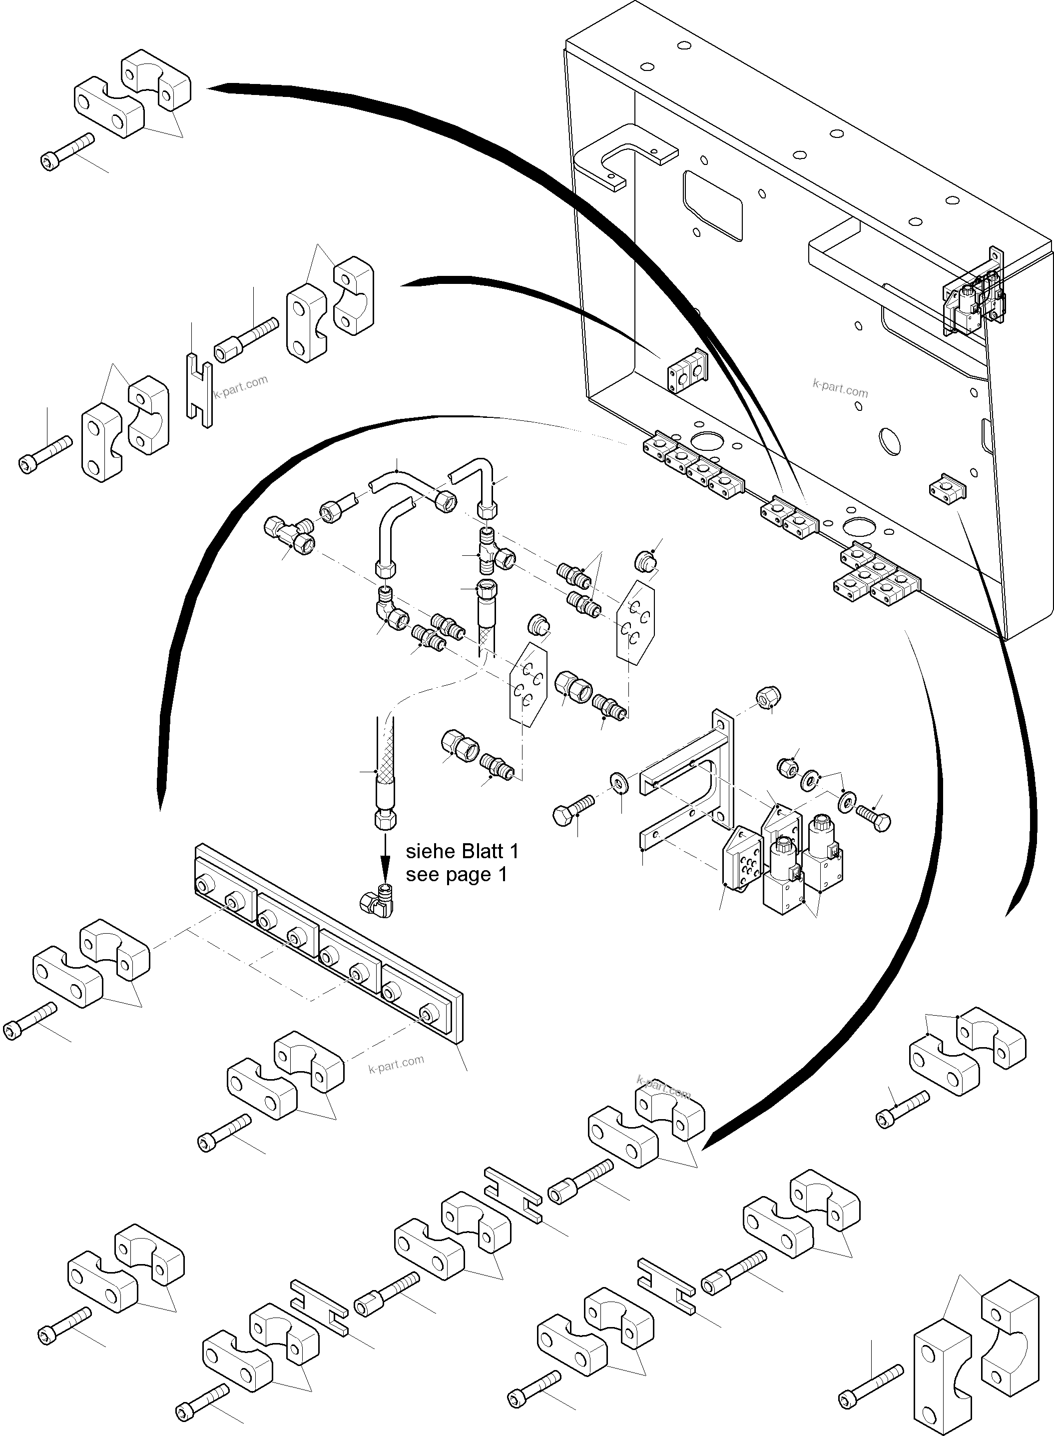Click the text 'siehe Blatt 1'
pyautogui.click(x=462, y=851)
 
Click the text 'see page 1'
pyautogui.click(x=456, y=874)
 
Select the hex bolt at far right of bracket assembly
pyautogui.click(x=874, y=818)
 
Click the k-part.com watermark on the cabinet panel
pyautogui.click(x=840, y=387)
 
